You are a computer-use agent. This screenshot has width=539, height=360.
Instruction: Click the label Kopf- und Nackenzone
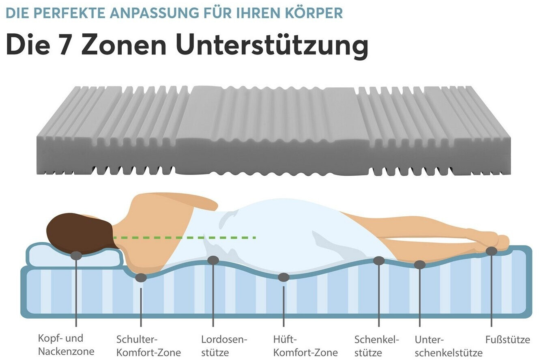pyautogui.click(x=66, y=345)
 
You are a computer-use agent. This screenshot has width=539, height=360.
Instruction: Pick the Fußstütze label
pyautogui.click(x=507, y=339)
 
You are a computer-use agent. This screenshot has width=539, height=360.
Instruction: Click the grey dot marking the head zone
pyautogui.click(x=76, y=255)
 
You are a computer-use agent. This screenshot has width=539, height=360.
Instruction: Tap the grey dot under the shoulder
pyautogui.click(x=141, y=278)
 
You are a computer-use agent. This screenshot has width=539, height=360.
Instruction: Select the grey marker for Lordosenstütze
pyautogui.click(x=213, y=260)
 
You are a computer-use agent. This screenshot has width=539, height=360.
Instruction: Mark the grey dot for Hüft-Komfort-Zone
pyautogui.click(x=283, y=277)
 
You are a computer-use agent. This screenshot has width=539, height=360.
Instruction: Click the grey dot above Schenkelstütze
pyautogui.click(x=379, y=260)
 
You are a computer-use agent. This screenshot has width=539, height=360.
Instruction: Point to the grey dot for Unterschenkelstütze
pyautogui.click(x=420, y=265)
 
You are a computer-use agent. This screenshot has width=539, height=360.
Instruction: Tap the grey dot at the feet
pyautogui.click(x=492, y=251)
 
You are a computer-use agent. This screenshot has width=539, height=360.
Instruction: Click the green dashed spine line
pyautogui.click(x=185, y=237)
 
